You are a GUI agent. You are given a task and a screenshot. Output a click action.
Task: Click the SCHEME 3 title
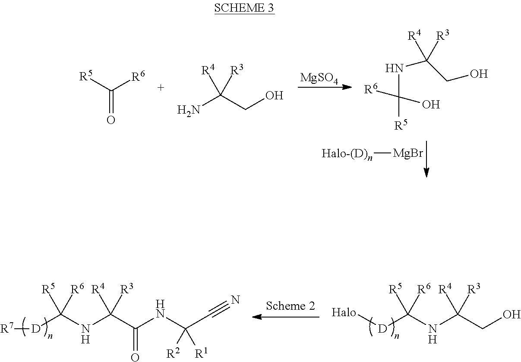[244, 8]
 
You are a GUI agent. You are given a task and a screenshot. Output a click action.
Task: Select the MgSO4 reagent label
[319, 78]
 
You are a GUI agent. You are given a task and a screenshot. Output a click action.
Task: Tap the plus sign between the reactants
[161, 88]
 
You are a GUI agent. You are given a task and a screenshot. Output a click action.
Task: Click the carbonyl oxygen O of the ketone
[111, 120]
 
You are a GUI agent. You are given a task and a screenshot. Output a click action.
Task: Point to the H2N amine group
[189, 110]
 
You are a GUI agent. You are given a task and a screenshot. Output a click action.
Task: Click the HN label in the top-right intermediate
[394, 68]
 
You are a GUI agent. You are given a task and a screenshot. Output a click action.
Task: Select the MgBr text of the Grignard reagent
[408, 153]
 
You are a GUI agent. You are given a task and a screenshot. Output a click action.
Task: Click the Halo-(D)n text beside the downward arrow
[347, 154]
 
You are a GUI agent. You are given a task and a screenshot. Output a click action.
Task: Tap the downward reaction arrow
[426, 159]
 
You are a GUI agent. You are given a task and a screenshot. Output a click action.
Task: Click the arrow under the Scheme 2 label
[286, 317]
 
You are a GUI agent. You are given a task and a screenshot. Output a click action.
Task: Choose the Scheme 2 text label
[290, 306]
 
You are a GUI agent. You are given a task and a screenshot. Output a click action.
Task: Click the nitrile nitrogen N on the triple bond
[235, 300]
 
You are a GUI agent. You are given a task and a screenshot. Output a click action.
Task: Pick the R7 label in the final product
[6, 328]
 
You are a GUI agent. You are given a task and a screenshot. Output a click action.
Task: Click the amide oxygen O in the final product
[135, 357]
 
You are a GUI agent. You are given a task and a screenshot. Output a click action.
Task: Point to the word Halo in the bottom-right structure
[344, 312]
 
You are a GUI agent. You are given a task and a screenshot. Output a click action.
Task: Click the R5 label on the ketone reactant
[86, 76]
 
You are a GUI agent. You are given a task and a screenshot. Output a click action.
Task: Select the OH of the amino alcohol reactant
[275, 95]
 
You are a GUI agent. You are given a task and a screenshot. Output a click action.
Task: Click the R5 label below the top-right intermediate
[401, 125]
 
